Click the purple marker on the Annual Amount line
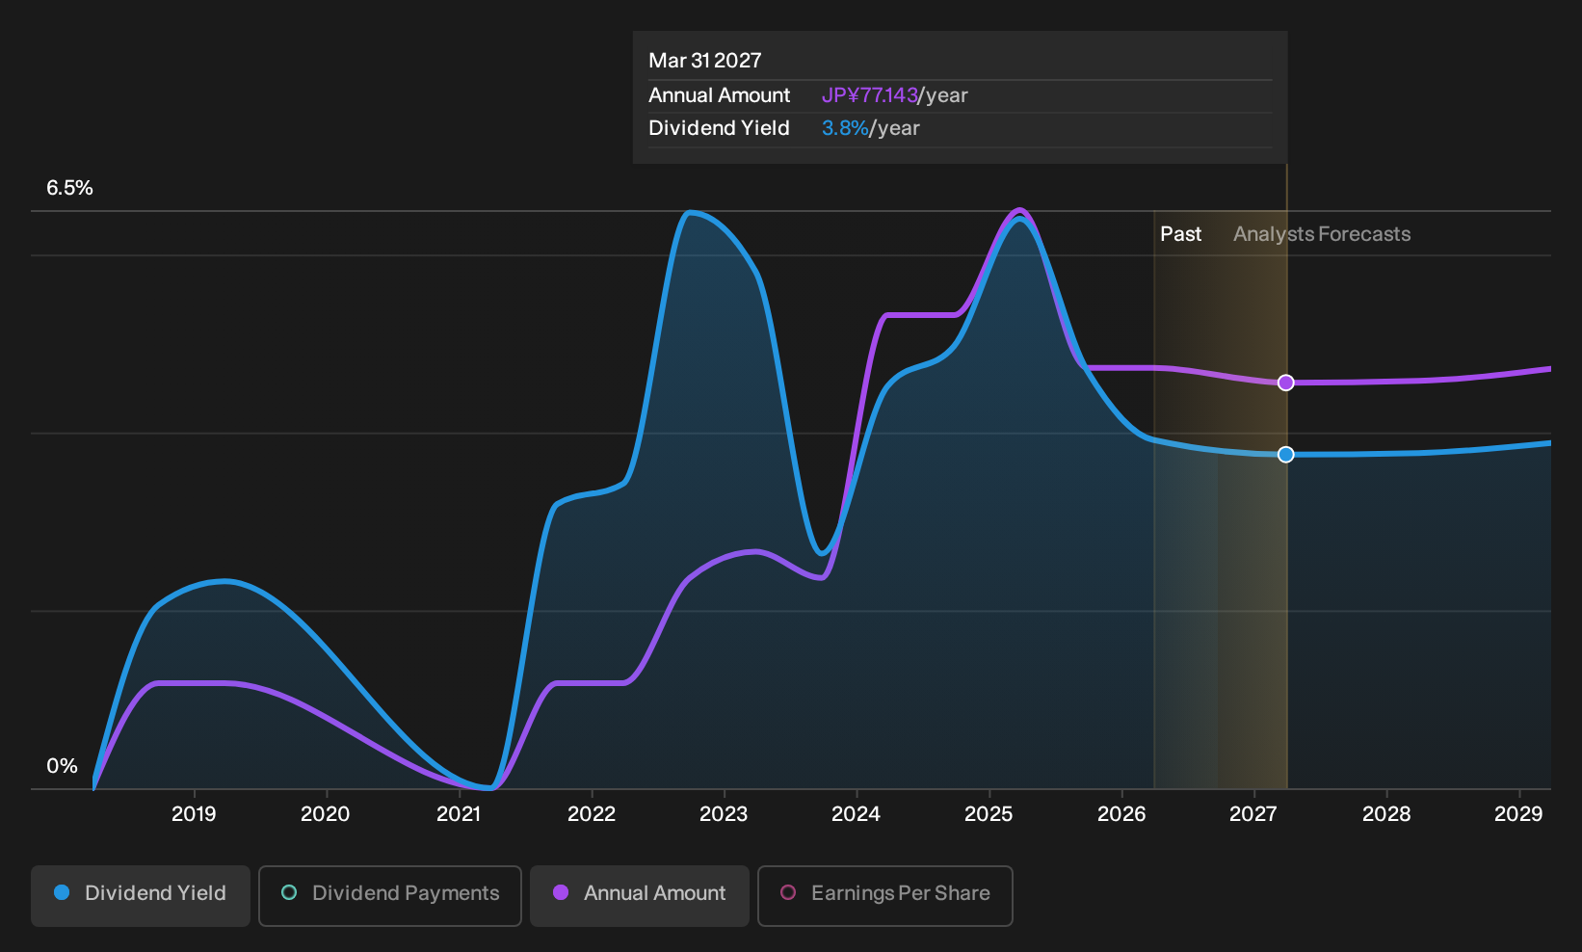pyautogui.click(x=1285, y=383)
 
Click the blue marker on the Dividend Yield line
pyautogui.click(x=1285, y=454)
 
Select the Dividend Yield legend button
pyautogui.click(x=141, y=895)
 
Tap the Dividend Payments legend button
pyautogui.click(x=390, y=895)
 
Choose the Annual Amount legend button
pyautogui.click(x=639, y=895)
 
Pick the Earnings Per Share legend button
pyautogui.click(x=884, y=895)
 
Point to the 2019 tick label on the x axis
pyautogui.click(x=194, y=813)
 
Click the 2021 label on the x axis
pyautogui.click(x=459, y=813)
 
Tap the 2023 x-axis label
pyautogui.click(x=724, y=813)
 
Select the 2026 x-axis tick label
pyautogui.click(x=1121, y=813)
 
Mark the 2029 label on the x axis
pyautogui.click(x=1518, y=813)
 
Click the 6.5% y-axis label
pyautogui.click(x=69, y=188)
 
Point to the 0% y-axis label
pyautogui.click(x=62, y=766)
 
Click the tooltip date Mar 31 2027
pyautogui.click(x=705, y=61)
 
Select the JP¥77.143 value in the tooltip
pyautogui.click(x=869, y=95)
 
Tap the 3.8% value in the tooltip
pyautogui.click(x=845, y=128)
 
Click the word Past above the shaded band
pyautogui.click(x=1180, y=234)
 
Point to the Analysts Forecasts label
pyautogui.click(x=1322, y=234)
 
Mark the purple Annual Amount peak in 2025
pyautogui.click(x=1019, y=210)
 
